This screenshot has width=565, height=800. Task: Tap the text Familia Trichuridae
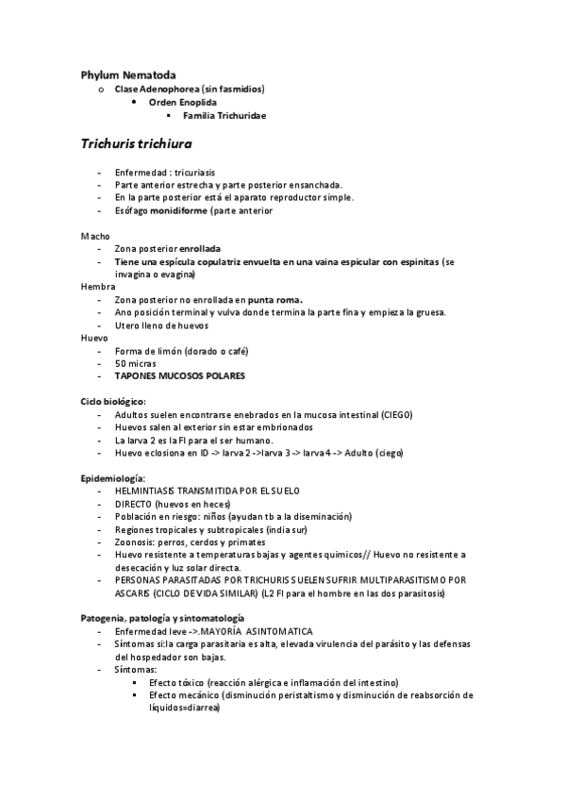tap(224, 115)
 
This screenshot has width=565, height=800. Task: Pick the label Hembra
tap(97, 286)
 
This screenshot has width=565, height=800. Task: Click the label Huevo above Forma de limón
tap(94, 337)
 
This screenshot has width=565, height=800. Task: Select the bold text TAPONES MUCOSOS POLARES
tap(179, 375)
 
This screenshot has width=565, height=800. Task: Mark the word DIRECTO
tap(132, 504)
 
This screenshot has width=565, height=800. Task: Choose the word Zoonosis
tap(135, 542)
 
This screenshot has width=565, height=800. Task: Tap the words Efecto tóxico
tap(176, 682)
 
